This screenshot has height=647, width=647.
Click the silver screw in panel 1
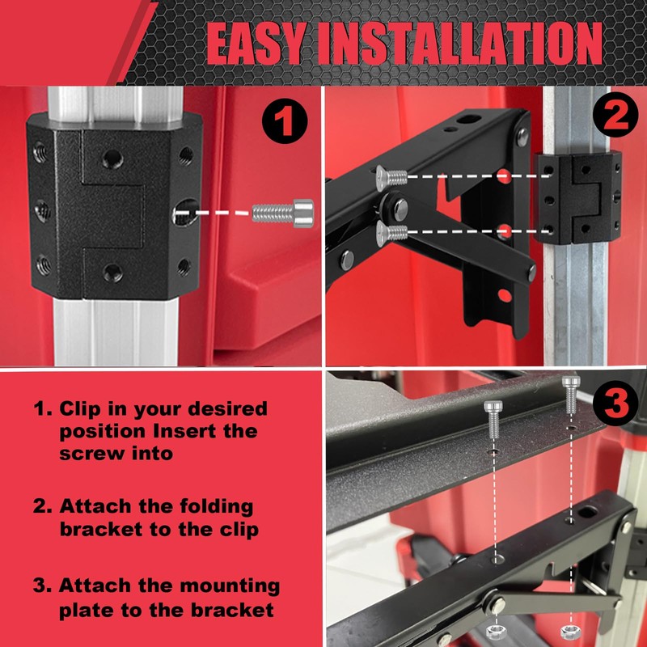[x=283, y=213]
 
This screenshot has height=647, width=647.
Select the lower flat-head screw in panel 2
[x=392, y=233]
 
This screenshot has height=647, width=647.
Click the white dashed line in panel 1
[x=214, y=214]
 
